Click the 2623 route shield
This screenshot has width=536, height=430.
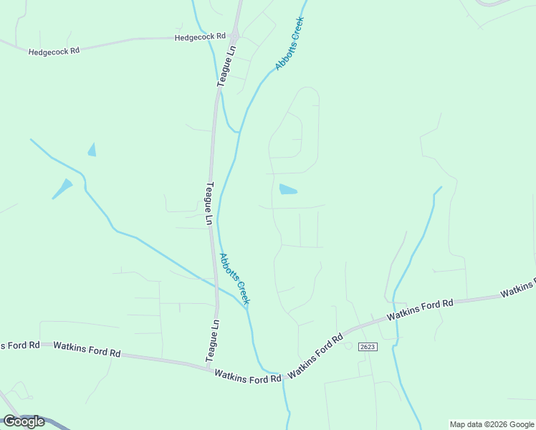pos(368,346)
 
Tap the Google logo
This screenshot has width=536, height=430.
pos(24,421)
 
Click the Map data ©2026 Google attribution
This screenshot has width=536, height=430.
pos(492,424)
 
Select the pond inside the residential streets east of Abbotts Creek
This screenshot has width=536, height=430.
pos(287,190)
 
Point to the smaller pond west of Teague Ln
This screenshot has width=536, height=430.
pos(92,150)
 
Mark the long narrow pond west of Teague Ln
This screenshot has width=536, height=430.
pos(62,188)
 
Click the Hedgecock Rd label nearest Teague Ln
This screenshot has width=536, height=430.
pos(200,36)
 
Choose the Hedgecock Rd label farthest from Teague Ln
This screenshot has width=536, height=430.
pos(54,51)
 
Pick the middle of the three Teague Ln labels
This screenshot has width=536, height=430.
pos(209,204)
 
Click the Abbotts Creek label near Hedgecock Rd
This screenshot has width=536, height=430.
pos(289,44)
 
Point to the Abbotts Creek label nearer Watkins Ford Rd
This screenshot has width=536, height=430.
pos(234,279)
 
